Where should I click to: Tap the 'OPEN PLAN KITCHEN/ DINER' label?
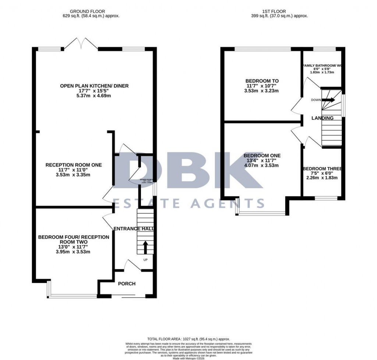(x=94, y=86)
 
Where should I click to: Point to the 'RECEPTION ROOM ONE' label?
(x=73, y=165)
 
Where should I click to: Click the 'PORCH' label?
(x=127, y=283)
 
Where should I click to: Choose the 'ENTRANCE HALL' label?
(x=134, y=229)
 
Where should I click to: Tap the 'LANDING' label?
(x=323, y=118)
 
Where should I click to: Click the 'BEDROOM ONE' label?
(x=262, y=155)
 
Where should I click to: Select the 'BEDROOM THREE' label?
(x=323, y=169)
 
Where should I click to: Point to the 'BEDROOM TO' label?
(x=262, y=81)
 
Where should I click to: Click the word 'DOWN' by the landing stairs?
(x=316, y=99)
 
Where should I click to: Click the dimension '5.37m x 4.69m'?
(x=94, y=96)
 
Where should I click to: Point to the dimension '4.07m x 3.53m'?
(x=262, y=165)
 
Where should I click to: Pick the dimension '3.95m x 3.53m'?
(x=73, y=252)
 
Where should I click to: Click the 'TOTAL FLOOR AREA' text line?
(x=188, y=339)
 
